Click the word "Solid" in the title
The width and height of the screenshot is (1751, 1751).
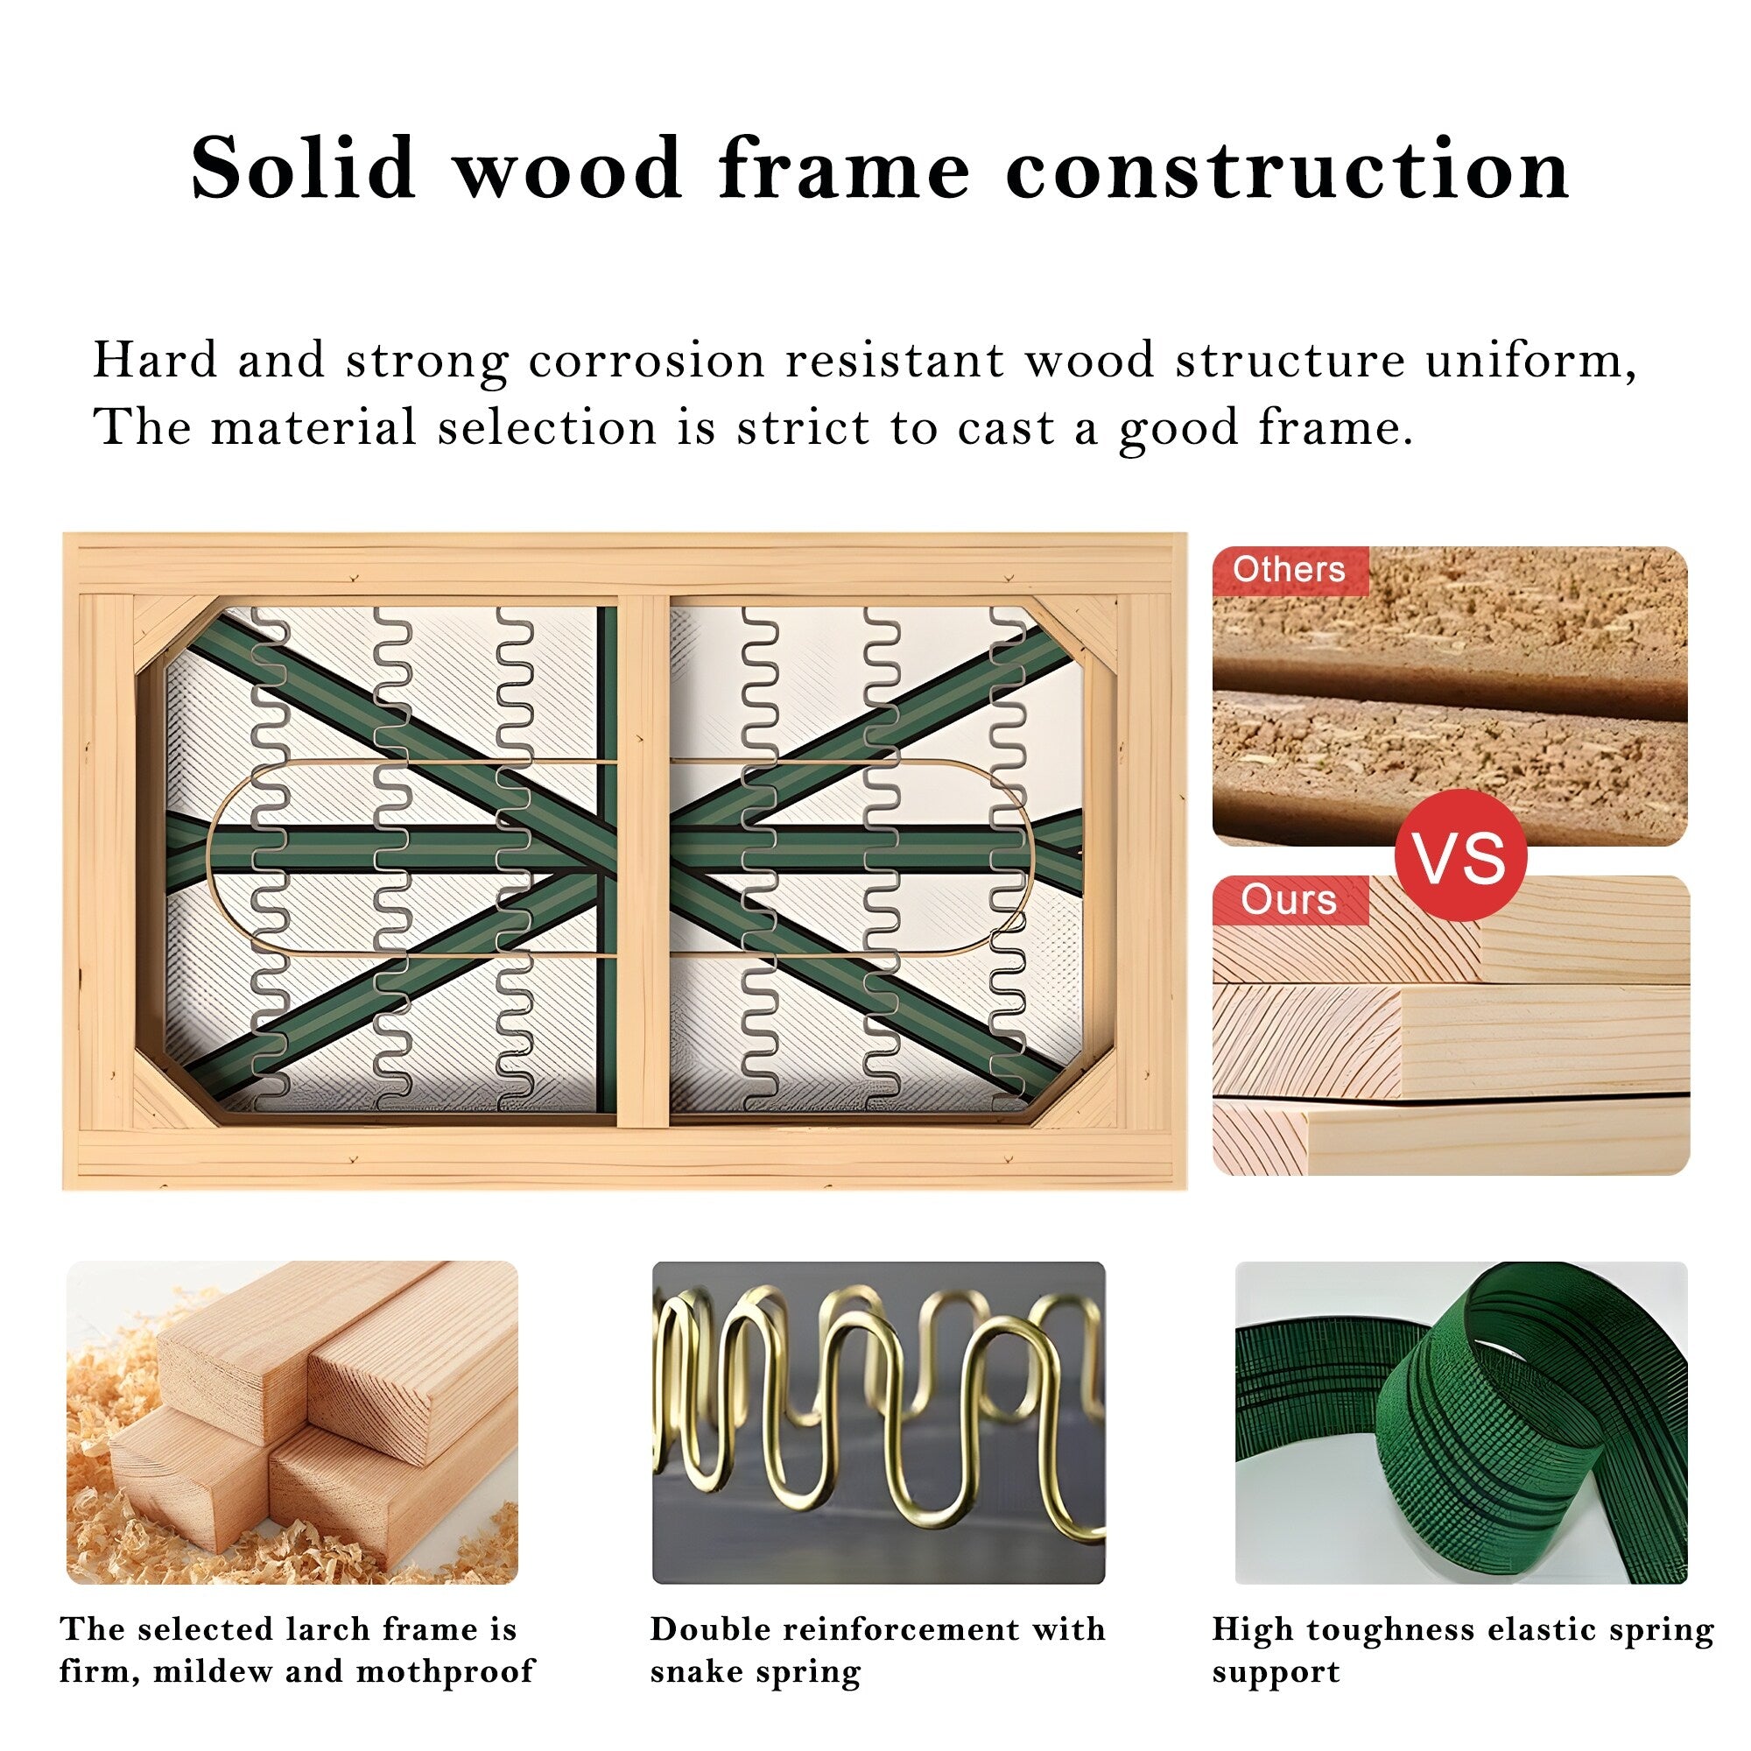point(303,168)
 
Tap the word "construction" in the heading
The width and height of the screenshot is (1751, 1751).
point(1287,170)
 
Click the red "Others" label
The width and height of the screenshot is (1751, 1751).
point(1290,570)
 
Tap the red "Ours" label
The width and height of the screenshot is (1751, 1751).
point(1290,900)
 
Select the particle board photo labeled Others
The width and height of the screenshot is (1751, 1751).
point(1450,696)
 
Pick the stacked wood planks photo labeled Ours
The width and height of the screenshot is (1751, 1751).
point(1451,1026)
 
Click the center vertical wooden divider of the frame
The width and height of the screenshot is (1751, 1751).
point(643,861)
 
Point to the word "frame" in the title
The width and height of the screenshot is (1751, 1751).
point(844,170)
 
